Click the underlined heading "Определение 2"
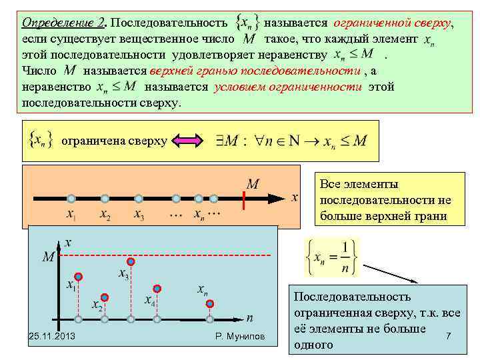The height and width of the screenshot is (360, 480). (x=63, y=23)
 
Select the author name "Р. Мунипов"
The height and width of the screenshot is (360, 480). (x=241, y=337)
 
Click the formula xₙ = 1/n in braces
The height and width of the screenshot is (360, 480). (x=331, y=257)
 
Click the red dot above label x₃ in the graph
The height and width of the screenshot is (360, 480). (x=131, y=261)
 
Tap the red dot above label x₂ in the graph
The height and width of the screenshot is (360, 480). (x=104, y=297)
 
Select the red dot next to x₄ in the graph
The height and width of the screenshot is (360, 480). (x=157, y=289)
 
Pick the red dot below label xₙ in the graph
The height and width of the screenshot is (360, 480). (x=210, y=304)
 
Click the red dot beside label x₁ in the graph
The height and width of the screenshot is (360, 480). (x=79, y=276)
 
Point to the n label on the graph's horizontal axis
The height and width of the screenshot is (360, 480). (x=249, y=318)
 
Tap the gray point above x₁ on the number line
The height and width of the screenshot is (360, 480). (x=71, y=198)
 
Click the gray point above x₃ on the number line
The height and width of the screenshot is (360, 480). (x=139, y=198)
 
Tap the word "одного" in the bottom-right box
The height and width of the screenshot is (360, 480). (x=313, y=345)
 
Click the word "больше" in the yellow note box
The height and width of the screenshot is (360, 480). (x=339, y=216)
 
